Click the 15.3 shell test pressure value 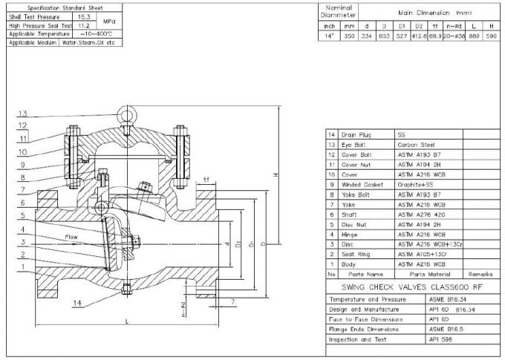82,16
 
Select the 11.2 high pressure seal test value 82,24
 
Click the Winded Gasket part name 362,183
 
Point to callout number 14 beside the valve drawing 76,303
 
